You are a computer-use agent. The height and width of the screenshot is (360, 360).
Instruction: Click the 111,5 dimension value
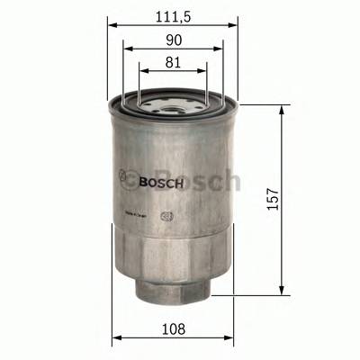point(173,15)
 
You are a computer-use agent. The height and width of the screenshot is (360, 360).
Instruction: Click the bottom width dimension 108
point(173,329)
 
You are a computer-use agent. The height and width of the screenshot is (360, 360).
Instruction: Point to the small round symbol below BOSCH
point(166,215)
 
